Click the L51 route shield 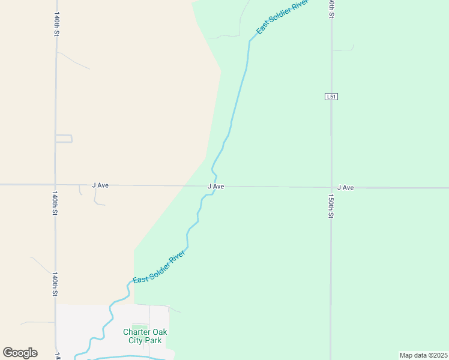331,97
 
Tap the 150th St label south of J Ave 331,205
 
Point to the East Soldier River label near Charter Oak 158,268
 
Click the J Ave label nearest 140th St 100,185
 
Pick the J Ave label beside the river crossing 216,187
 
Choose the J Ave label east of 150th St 345,188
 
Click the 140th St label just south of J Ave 55,203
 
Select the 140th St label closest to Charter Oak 55,284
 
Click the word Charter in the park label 136,332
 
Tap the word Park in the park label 154,340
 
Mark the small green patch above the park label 139,326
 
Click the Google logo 20,353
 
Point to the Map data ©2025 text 423,355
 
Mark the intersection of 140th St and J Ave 55,185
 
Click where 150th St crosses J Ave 331,187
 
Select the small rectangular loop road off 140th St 64,139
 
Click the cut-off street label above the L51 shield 331,8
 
